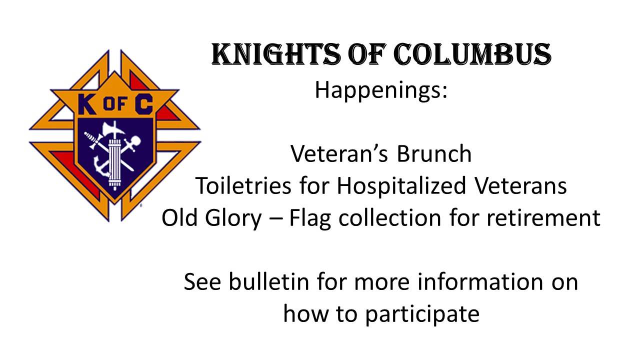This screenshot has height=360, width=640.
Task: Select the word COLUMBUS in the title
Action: (x=472, y=54)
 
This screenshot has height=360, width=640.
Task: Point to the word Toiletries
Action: (x=243, y=185)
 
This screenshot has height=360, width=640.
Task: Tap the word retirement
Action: (x=543, y=217)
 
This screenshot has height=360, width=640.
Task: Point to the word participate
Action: (x=422, y=315)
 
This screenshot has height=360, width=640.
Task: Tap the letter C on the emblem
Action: (x=144, y=104)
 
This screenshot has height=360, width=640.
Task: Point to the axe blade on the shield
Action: (x=107, y=130)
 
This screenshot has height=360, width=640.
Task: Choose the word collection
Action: (x=389, y=217)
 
